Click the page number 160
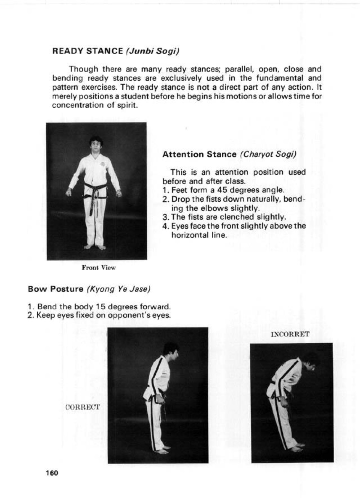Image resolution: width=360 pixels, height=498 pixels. point(52,473)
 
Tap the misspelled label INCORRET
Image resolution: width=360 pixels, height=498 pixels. point(290,334)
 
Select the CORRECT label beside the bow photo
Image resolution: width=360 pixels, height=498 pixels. point(83,407)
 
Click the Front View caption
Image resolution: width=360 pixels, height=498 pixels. point(98,268)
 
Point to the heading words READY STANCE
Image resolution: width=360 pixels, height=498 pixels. point(88,51)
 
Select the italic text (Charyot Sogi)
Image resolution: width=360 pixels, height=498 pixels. point(268,154)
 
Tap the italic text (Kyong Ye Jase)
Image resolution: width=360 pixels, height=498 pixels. point(118,289)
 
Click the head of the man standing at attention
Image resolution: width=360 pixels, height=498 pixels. point(96,144)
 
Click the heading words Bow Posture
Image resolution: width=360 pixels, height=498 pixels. point(55,289)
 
